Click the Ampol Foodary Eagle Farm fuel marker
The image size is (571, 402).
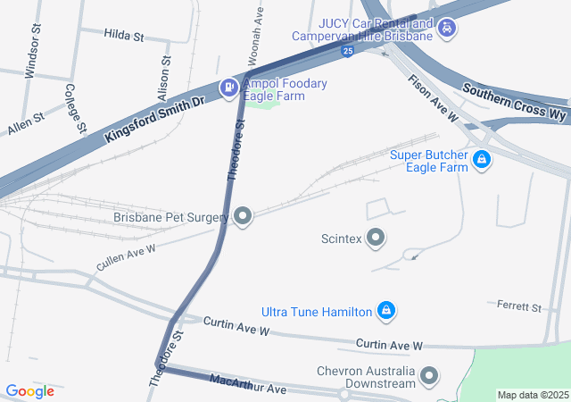(x=228, y=88)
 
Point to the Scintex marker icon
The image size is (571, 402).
(x=377, y=239)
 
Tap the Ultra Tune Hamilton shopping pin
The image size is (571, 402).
(x=386, y=312)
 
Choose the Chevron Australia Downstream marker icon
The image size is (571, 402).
(x=430, y=376)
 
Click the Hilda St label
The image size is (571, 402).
(x=124, y=36)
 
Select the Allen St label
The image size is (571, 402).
(x=26, y=123)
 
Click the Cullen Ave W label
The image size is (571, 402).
(x=126, y=257)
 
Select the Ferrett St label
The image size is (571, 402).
(x=519, y=307)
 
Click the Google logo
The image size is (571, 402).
(x=29, y=391)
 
